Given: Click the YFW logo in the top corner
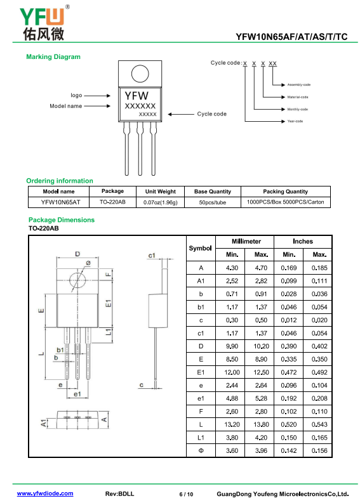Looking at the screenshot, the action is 44,23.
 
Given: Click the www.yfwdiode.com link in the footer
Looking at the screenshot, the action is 45,493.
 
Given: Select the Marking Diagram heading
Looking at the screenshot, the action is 53,57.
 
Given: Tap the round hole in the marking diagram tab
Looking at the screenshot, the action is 140,74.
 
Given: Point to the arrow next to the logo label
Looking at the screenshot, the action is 97,96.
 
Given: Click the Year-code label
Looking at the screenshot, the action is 295,121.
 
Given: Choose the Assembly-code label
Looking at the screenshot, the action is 298,85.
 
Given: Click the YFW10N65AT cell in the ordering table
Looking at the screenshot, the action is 61,202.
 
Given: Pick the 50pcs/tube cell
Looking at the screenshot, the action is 213,202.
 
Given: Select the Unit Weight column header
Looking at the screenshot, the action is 160,192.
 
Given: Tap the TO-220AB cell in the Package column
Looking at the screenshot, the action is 112,202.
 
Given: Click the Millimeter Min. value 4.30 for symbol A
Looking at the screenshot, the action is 232,268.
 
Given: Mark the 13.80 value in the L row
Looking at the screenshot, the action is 261,424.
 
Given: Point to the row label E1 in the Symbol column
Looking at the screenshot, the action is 201,372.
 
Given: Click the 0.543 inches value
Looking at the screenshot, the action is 319,424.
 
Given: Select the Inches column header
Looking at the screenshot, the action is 302,241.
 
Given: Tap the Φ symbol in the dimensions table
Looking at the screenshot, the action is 201,451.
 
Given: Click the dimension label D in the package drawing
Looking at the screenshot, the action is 77,254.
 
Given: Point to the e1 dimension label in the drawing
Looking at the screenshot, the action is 77,394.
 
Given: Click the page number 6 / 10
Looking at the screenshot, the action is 186,494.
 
